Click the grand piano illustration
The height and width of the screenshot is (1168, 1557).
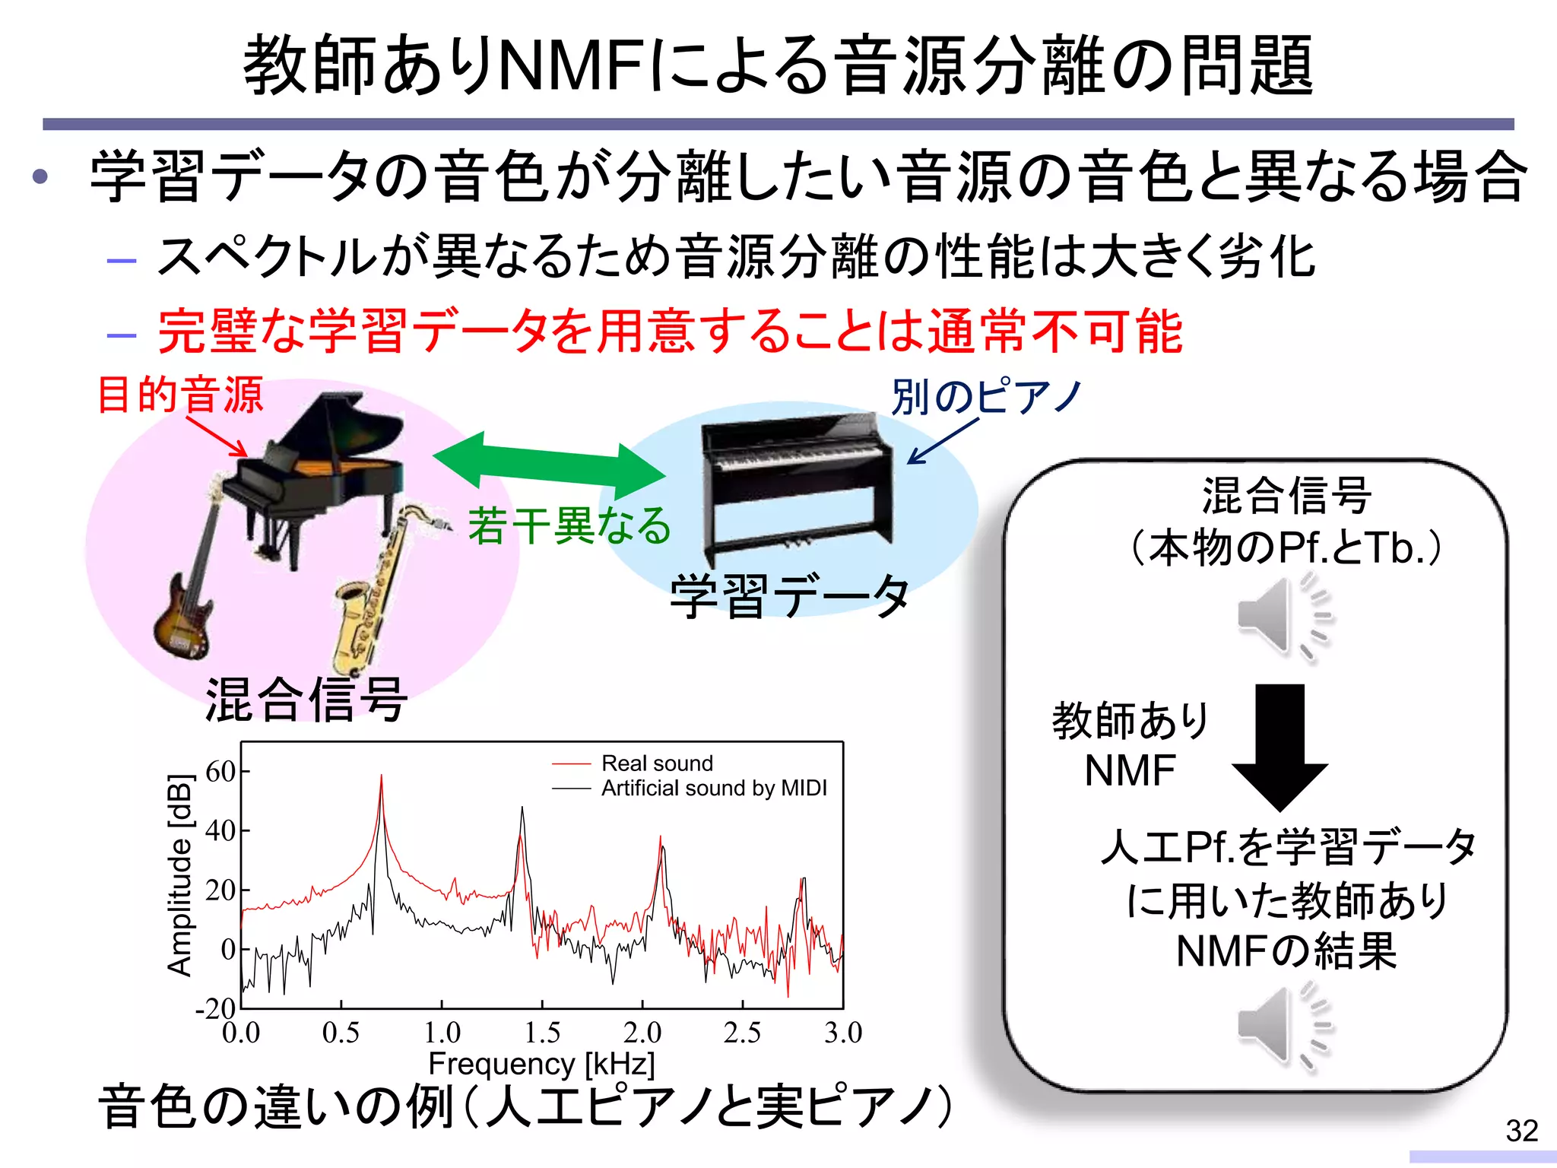(319, 471)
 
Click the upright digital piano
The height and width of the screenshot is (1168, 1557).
(794, 483)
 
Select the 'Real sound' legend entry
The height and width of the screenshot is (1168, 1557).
(657, 763)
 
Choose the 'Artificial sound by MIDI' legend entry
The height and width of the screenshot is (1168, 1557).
(713, 788)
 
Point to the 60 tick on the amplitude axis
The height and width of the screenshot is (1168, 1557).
(221, 771)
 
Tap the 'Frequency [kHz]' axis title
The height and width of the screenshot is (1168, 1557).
(541, 1063)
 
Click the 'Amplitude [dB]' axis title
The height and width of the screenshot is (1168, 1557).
(179, 874)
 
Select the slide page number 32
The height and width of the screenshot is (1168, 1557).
(1521, 1131)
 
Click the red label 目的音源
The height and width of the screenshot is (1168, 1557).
(181, 395)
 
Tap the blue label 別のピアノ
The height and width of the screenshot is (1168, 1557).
(987, 396)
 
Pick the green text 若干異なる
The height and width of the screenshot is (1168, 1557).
(569, 525)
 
